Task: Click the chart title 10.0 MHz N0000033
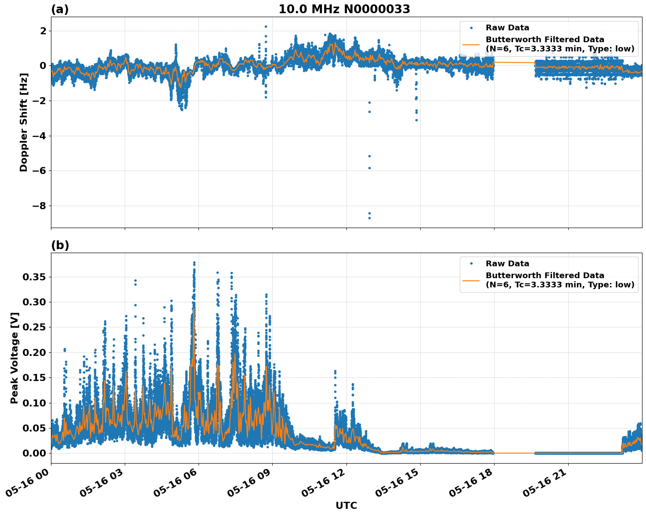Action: coord(344,9)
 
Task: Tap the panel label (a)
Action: coord(60,9)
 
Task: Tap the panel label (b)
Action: coord(60,245)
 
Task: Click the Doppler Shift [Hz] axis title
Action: coord(24,122)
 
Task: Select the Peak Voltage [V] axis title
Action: coord(14,358)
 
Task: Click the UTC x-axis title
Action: coord(346,505)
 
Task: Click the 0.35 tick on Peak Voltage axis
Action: coord(34,277)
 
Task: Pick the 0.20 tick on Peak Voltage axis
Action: coord(34,352)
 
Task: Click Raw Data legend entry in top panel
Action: coord(507,28)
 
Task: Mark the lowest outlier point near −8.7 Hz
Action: coord(369,218)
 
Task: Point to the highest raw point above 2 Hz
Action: coord(266,26)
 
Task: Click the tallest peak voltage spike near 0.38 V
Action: coord(194,263)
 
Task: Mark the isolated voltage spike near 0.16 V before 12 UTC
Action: coord(335,371)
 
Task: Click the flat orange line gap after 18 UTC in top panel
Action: coord(514,62)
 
